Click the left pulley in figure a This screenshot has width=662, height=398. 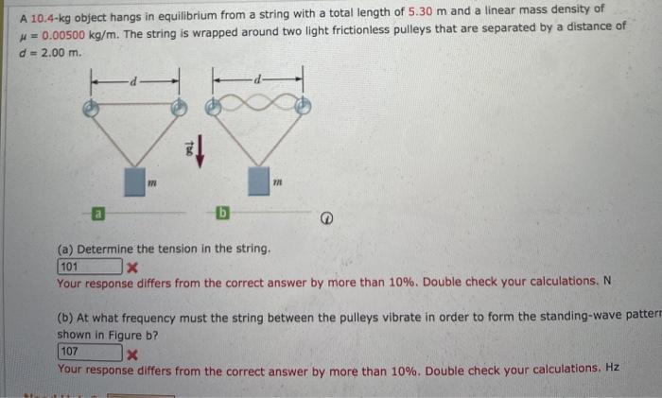pyautogui.click(x=91, y=109)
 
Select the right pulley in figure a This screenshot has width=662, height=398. pyautogui.click(x=177, y=109)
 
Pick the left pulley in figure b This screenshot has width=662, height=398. pyautogui.click(x=217, y=109)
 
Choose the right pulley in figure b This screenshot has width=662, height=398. pyautogui.click(x=302, y=109)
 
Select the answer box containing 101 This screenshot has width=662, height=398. pyautogui.click(x=90, y=267)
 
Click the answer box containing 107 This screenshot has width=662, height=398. pyautogui.click(x=90, y=353)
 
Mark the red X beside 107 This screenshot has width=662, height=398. pyautogui.click(x=133, y=354)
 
